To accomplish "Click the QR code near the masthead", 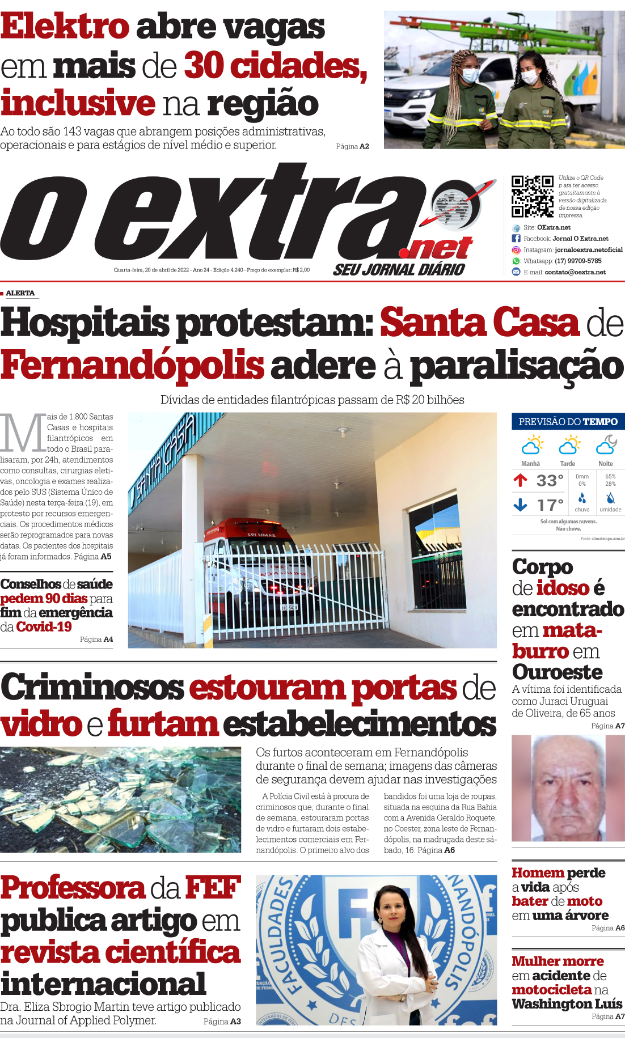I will [532, 196].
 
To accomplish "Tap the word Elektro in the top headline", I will [65, 27].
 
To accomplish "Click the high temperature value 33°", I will [550, 481].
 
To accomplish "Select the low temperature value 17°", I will [550, 505].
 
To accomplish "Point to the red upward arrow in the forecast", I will [520, 481].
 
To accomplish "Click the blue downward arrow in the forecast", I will [520, 504].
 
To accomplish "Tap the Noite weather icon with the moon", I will [606, 445].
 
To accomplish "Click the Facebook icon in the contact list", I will [516, 239].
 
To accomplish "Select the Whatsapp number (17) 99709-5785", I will [578, 261].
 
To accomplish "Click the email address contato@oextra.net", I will [575, 272].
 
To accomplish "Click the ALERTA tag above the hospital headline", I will [20, 293].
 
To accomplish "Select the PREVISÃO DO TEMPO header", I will [568, 422].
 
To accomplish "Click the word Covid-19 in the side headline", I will [44, 626].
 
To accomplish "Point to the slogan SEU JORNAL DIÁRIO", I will [399, 270].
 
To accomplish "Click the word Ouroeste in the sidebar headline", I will [557, 672].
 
